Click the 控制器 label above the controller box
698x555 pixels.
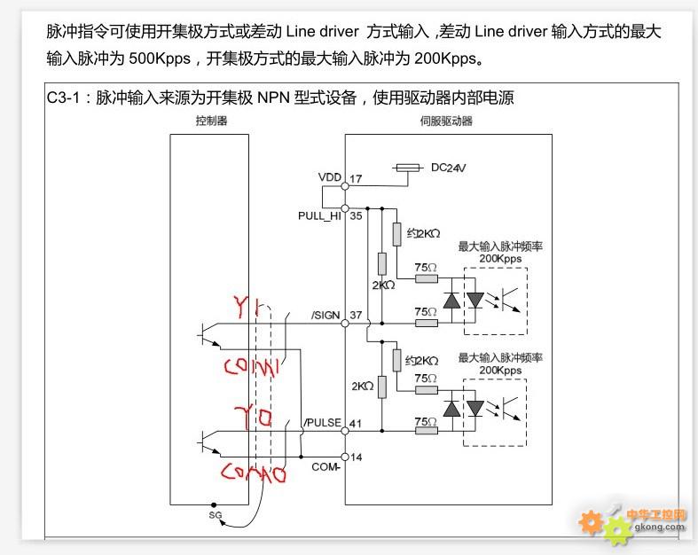point(211,121)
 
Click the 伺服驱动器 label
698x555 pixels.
point(447,121)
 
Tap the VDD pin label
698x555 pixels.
point(329,177)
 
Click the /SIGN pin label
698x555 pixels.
point(326,316)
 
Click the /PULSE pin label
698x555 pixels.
point(323,423)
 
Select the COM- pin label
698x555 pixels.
point(327,465)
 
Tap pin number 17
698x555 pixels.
point(356,179)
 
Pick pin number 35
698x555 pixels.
point(356,215)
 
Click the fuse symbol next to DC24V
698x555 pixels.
point(409,166)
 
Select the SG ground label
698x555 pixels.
point(216,513)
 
